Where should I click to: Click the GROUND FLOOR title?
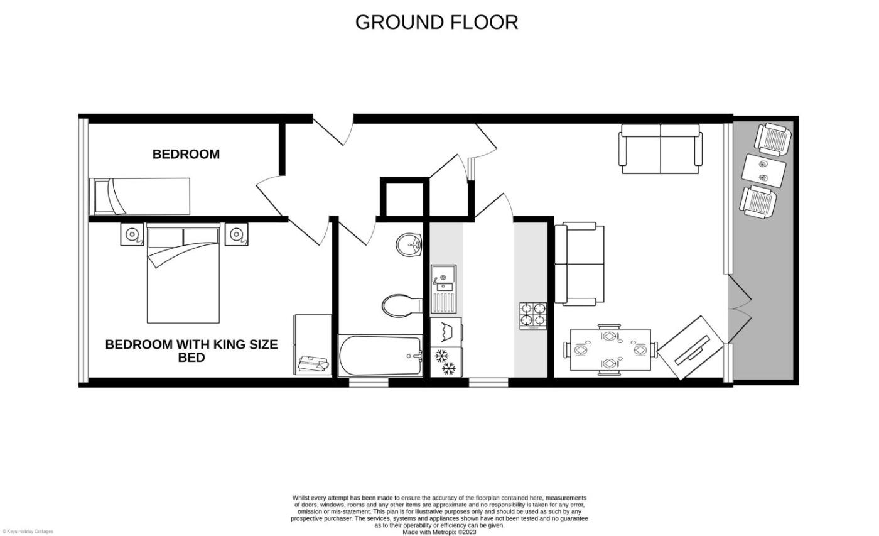click(436, 23)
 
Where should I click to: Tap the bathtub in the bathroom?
click(380, 356)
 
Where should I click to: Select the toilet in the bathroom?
click(402, 305)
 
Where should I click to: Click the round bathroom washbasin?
click(409, 245)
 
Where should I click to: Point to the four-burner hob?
click(533, 315)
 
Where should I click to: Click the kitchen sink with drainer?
click(444, 289)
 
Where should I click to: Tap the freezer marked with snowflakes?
click(445, 362)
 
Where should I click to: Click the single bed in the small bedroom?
click(139, 196)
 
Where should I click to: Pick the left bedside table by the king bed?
click(132, 234)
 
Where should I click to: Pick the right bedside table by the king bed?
click(236, 234)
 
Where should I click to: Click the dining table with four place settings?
click(610, 350)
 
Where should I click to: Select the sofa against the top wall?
click(661, 149)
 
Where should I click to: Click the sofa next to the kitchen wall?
click(579, 265)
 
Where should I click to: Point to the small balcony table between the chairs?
click(764, 171)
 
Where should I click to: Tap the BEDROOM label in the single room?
click(186, 155)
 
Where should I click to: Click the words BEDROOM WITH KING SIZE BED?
click(191, 351)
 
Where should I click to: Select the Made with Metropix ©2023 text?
click(439, 532)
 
